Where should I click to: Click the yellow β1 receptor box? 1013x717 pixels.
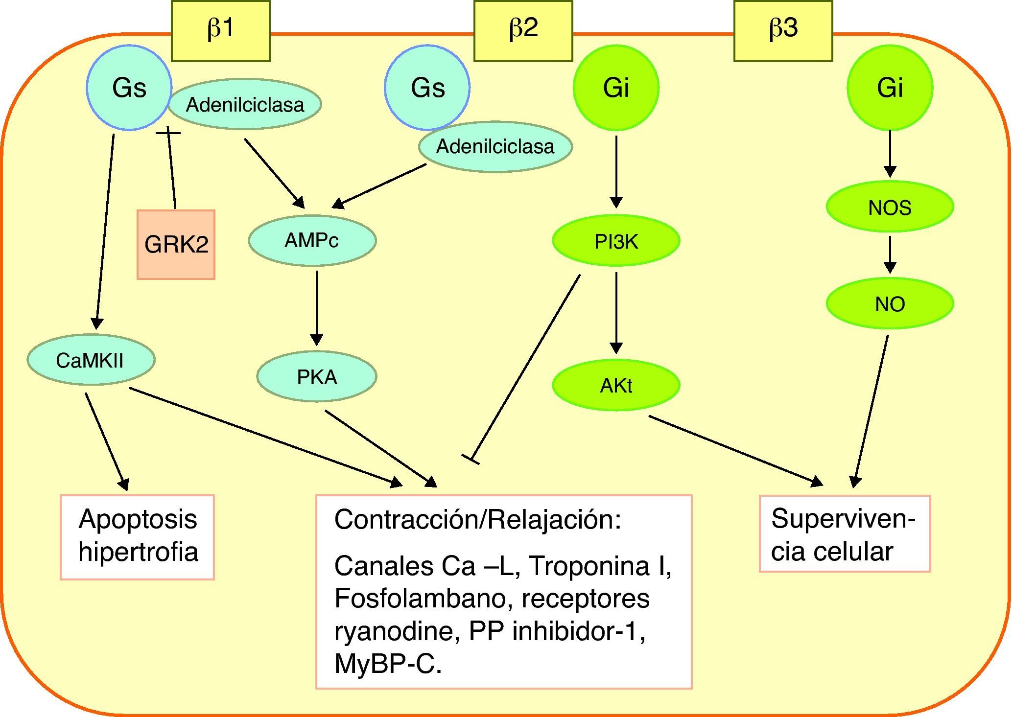point(220,30)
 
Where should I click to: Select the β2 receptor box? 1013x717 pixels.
point(523,30)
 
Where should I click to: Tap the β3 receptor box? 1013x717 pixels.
point(783,30)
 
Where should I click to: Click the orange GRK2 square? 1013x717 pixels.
point(176,244)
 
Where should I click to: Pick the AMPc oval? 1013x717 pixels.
point(312,240)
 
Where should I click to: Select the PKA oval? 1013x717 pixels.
point(317,376)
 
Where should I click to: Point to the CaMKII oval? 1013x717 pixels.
point(91,360)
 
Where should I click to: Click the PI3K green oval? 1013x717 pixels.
point(616,241)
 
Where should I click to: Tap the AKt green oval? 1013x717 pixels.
point(616,386)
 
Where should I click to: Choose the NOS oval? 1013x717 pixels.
point(890,208)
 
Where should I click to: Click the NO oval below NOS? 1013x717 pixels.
point(890,304)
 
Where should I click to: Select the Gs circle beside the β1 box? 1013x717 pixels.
point(129,88)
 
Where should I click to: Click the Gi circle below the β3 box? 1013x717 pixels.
point(890,88)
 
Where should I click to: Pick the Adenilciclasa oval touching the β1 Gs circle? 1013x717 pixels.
point(245,104)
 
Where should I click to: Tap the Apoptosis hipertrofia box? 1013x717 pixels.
point(137,537)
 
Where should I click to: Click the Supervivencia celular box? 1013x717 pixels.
point(845,533)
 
